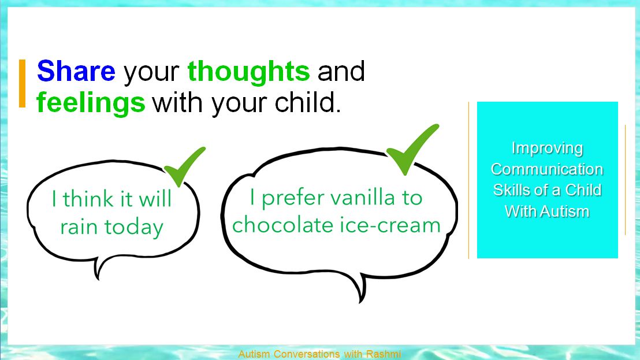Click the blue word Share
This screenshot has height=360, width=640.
[x=76, y=71]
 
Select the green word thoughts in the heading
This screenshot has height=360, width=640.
[x=248, y=71]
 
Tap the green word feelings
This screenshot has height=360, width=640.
[x=91, y=102]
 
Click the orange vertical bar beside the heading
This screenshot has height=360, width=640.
[x=23, y=84]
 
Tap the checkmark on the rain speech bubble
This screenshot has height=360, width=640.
[x=184, y=166]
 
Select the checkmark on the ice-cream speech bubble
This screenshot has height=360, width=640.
[x=412, y=150]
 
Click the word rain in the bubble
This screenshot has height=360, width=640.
[x=79, y=227]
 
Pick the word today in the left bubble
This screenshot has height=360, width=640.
[x=134, y=228]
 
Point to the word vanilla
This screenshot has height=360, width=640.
[x=362, y=198]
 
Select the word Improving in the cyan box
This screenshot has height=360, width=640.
[x=547, y=149]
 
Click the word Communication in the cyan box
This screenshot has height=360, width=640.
[x=547, y=169]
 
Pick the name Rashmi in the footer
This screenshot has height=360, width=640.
[x=384, y=354]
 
